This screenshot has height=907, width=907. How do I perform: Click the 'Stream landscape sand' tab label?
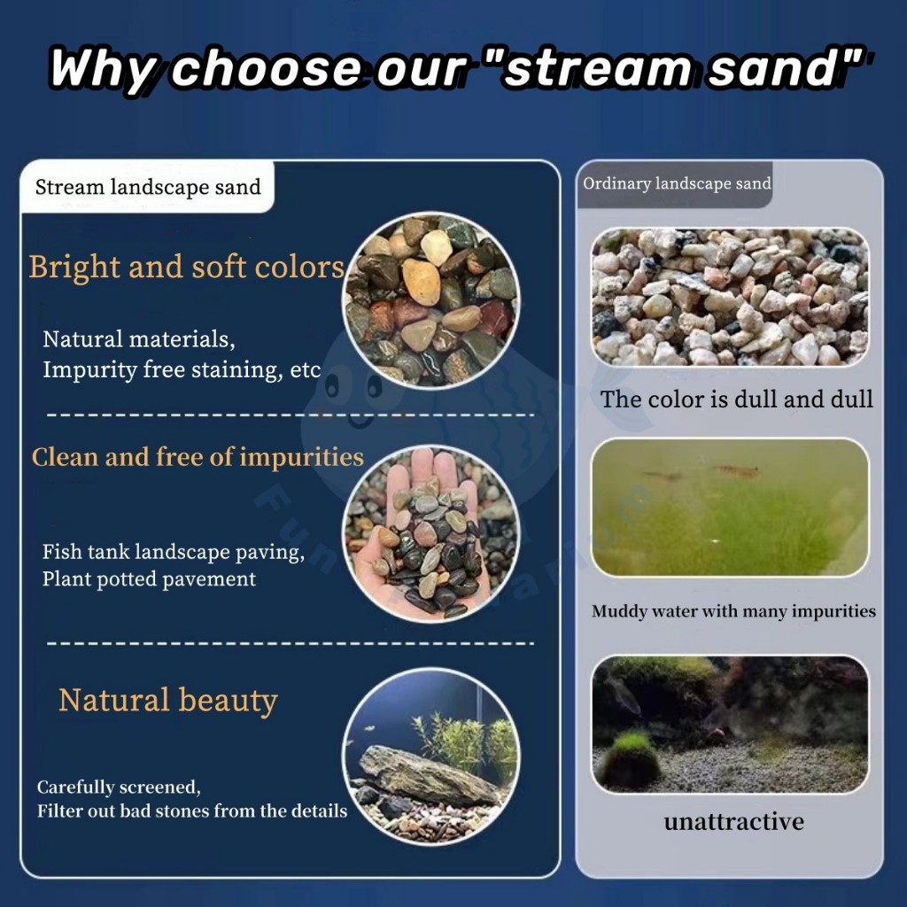[148, 188]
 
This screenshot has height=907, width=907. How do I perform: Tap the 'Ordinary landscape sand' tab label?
[677, 184]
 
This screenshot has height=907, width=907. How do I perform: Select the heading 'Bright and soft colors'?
[187, 267]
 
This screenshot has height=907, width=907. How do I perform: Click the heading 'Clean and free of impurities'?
[198, 457]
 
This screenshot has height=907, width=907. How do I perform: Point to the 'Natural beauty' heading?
[168, 701]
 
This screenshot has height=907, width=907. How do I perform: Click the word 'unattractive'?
[733, 821]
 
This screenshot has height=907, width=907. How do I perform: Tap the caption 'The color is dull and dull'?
[736, 399]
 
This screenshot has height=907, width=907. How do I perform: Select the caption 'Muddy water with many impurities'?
[733, 611]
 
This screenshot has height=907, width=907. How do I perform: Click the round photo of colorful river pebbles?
[431, 300]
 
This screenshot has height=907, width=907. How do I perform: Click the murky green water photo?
[730, 508]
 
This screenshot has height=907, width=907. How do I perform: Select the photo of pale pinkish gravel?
[730, 296]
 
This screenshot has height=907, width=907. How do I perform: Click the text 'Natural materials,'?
[139, 339]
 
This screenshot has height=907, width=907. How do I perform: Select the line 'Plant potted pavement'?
[149, 579]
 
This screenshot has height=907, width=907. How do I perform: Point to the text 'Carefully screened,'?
[119, 787]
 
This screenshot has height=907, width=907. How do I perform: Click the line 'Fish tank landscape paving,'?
[174, 553]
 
